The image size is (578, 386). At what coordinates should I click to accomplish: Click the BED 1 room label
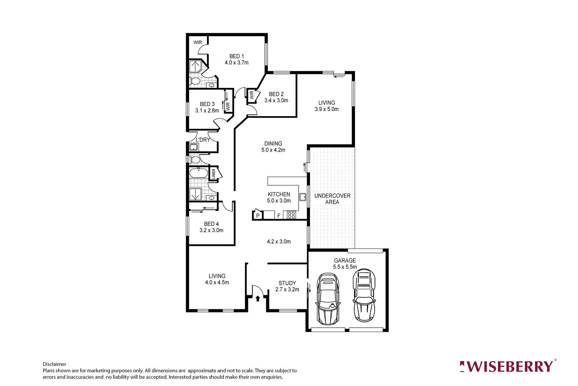(237, 56)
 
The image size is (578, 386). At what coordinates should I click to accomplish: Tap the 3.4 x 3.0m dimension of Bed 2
(276, 100)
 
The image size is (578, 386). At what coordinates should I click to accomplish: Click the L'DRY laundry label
(203, 140)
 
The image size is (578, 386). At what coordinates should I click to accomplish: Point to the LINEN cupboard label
(213, 174)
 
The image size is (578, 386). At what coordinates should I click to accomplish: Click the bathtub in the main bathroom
(198, 173)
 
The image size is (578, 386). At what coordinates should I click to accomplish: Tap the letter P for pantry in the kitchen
(258, 216)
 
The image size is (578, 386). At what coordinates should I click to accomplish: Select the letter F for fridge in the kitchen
(279, 216)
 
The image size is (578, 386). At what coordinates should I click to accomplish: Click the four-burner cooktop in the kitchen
(291, 215)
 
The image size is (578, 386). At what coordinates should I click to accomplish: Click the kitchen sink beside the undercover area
(303, 197)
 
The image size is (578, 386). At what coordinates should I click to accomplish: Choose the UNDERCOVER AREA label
(332, 199)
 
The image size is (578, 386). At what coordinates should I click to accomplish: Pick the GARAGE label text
(345, 261)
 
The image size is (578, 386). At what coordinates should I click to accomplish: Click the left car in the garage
(328, 299)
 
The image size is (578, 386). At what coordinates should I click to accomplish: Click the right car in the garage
(364, 295)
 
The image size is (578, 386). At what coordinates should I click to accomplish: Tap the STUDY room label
(287, 283)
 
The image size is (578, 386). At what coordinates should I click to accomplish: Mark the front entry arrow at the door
(258, 298)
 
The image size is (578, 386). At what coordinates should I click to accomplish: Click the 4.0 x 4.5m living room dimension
(217, 282)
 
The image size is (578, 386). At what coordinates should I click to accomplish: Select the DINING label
(273, 144)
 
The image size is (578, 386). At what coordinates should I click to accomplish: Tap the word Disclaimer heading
(54, 364)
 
